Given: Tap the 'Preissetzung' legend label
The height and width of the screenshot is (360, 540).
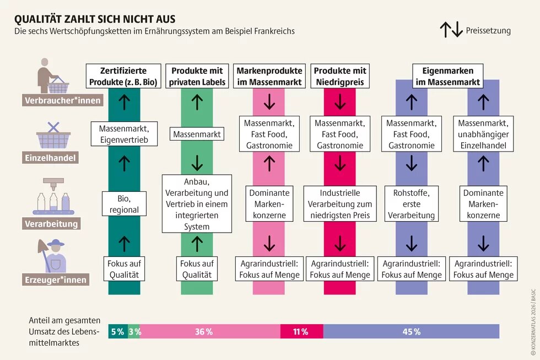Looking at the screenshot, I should (488, 31).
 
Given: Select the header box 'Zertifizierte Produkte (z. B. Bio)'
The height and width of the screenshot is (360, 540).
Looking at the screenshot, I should (124, 77).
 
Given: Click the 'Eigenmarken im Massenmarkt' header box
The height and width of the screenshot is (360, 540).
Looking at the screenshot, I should (448, 77).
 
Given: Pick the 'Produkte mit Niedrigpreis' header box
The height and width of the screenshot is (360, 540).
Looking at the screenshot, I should (340, 77).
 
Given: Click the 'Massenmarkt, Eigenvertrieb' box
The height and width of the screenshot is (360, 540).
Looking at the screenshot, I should (124, 134).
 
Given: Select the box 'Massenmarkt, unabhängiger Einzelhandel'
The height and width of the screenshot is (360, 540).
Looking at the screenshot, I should (483, 134).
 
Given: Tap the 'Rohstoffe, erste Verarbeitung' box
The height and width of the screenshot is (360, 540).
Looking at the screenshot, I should (412, 204).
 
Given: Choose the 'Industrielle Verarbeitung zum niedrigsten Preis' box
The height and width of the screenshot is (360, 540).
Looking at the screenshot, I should (340, 204).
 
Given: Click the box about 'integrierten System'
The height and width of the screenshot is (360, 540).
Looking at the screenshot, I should (197, 203).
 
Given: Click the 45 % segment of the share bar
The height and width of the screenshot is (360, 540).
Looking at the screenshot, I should (411, 331).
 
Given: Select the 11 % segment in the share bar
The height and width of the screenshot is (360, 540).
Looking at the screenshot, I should (301, 331).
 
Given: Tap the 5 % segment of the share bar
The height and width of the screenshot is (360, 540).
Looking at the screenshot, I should (117, 331).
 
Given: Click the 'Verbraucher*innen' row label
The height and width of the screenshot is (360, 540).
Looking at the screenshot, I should (55, 101).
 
